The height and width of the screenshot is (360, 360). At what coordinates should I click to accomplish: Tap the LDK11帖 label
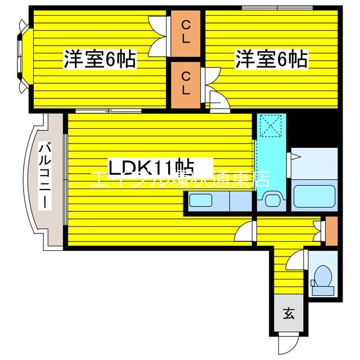pyautogui.click(x=151, y=167)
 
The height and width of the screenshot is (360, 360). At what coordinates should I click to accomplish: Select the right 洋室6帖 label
pyautogui.click(x=272, y=58)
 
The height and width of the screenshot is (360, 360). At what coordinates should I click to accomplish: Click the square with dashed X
pyautogui.click(x=272, y=126)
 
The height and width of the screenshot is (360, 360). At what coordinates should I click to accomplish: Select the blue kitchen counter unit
pyautogui.click(x=219, y=200)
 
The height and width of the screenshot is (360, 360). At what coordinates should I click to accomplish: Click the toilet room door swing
pyautogui.click(x=296, y=261)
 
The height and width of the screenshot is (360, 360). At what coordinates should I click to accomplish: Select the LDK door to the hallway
pyautogui.click(x=245, y=231)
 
